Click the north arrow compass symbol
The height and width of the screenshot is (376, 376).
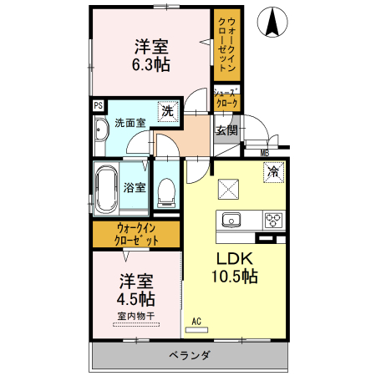[x=272, y=22]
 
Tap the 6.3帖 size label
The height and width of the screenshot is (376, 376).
[x=151, y=64]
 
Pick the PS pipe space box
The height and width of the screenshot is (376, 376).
[x=98, y=106]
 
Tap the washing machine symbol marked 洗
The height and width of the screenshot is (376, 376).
[x=168, y=110]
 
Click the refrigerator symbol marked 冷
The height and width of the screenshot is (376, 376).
[x=272, y=172]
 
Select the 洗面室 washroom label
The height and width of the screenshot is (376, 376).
[x=130, y=123]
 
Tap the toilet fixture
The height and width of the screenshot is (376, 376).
[x=165, y=193]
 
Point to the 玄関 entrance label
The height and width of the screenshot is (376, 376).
[x=226, y=130]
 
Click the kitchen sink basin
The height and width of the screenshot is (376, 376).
[x=230, y=221]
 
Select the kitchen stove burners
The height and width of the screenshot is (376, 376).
[x=273, y=221]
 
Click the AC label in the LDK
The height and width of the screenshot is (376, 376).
[x=197, y=322]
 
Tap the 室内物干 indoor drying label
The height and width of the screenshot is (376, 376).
[x=135, y=316]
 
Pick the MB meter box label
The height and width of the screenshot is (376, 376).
[x=264, y=152]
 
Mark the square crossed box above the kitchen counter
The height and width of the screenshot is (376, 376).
[x=228, y=189]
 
